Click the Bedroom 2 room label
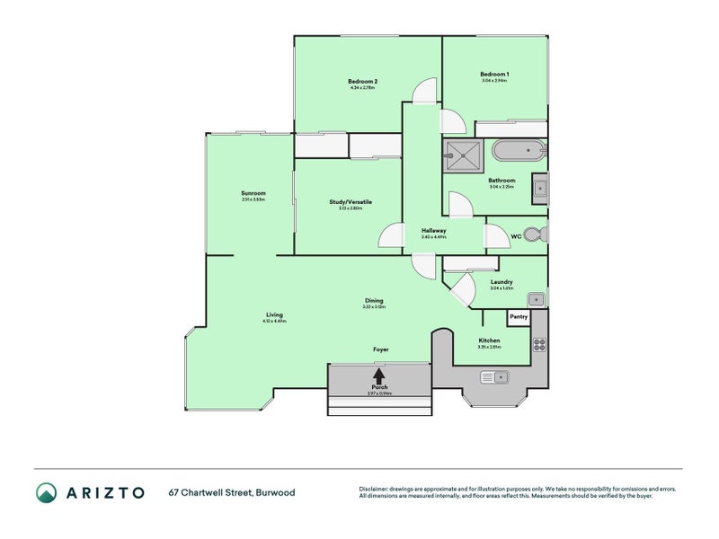pyautogui.click(x=361, y=82)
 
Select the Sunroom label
pyautogui.click(x=253, y=193)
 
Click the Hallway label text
pyautogui.click(x=434, y=231)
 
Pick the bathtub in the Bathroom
pyautogui.click(x=518, y=151)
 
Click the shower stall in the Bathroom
pyautogui.click(x=465, y=155)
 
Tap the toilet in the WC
pyautogui.click(x=533, y=235)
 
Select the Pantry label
pyautogui.click(x=519, y=316)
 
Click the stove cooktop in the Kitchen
pyautogui.click(x=540, y=343)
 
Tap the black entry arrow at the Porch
pyautogui.click(x=378, y=375)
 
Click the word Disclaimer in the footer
pyautogui.click(x=377, y=489)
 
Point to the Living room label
pyautogui.click(x=274, y=315)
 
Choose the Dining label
pyautogui.click(x=373, y=301)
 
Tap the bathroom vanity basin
pyautogui.click(x=538, y=188)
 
